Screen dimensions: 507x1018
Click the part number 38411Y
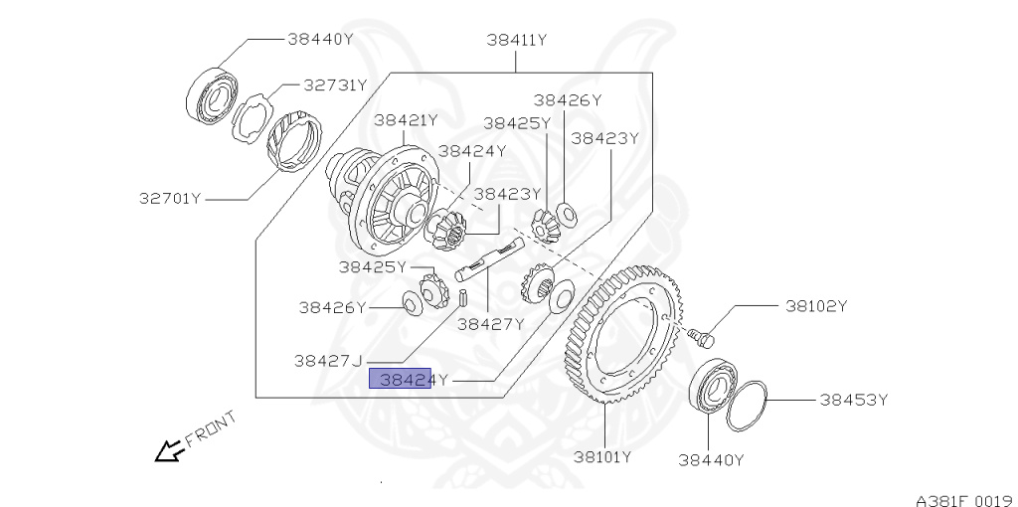pos(517,41)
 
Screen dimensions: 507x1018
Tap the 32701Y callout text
pos(170,198)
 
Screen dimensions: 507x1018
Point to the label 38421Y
pos(406,120)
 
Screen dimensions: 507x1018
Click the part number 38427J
pos(327,361)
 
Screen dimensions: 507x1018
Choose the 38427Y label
pos(490,324)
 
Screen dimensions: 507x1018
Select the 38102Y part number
pos(816,306)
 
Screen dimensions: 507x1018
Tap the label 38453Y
pos(853,401)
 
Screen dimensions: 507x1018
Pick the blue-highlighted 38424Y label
pos(400,379)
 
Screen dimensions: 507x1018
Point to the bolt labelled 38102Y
pos(704,337)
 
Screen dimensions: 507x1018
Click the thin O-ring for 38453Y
pos(747,405)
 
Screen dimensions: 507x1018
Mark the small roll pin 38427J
pos(463,297)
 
